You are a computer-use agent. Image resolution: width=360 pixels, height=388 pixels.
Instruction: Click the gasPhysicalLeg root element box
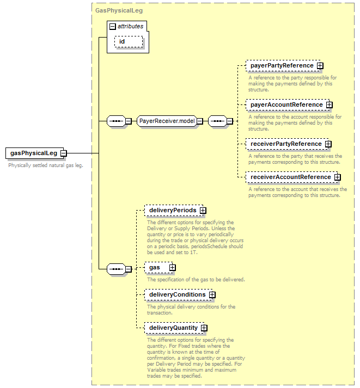pos(34,153)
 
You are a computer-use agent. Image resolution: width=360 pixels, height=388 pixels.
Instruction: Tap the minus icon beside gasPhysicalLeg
pos(64,153)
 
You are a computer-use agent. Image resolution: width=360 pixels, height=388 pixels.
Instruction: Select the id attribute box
pos(129,41)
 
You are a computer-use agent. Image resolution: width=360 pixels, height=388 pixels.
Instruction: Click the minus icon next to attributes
pos(112,27)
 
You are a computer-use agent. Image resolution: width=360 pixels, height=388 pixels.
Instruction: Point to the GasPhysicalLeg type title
pos(119,10)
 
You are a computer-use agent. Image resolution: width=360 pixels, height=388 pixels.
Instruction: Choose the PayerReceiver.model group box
pos(167,121)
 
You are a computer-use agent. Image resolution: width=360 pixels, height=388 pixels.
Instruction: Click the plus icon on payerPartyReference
pos(320,66)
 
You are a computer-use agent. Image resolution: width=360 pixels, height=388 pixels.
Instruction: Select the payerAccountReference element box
pos(287,104)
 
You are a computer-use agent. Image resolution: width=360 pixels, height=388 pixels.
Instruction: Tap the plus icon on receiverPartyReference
pos(328,144)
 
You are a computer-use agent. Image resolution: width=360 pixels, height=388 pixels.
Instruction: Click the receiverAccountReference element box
pos(291,177)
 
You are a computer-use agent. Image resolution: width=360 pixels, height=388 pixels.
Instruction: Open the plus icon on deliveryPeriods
pos(203,211)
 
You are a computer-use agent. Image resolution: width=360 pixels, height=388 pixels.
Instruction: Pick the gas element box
pos(158,268)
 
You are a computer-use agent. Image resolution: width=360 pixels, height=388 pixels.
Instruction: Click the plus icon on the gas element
pos(173,268)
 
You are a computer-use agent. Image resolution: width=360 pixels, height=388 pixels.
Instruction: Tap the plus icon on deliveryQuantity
pos(204,328)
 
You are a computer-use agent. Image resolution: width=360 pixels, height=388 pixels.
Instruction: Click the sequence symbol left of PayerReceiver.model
pos(116,121)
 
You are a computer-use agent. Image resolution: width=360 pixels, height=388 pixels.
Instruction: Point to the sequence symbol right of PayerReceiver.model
pos(218,121)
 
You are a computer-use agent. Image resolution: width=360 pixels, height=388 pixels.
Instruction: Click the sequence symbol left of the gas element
pos(116,269)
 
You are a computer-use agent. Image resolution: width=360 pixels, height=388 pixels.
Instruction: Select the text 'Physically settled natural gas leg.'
pos(46,165)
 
